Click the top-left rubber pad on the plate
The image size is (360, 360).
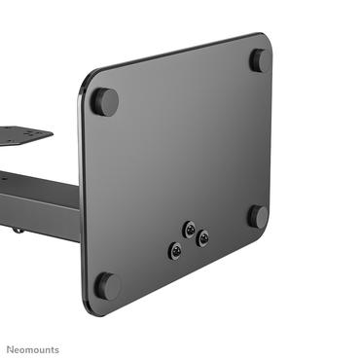tap(105, 101)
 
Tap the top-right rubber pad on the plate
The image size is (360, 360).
tap(260, 60)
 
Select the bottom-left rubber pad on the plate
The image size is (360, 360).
tap(107, 285)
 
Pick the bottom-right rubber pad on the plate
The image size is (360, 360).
tap(258, 216)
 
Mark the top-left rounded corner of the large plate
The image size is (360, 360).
tap(85, 78)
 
